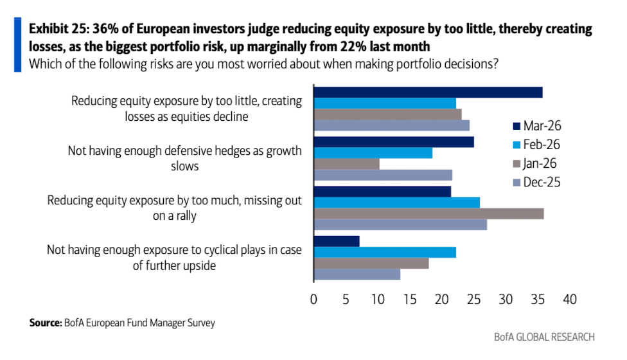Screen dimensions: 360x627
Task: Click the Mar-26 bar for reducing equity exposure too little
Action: (x=428, y=92)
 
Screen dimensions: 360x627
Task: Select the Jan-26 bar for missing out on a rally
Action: (x=428, y=214)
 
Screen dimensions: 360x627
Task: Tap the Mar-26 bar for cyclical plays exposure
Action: (x=337, y=241)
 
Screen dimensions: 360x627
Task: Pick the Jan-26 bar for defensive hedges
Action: (x=346, y=164)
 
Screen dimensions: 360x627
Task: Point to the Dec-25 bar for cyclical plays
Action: (x=357, y=274)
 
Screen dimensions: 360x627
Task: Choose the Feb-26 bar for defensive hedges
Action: (x=373, y=153)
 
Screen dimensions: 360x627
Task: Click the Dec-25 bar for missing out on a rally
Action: (x=400, y=225)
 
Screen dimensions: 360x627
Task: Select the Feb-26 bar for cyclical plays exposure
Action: (x=385, y=252)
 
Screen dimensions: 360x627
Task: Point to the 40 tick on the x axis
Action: (x=569, y=300)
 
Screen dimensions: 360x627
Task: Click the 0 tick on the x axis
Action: (x=313, y=300)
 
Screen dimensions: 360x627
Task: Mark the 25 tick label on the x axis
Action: (x=473, y=300)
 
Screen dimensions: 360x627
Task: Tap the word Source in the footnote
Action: (x=44, y=323)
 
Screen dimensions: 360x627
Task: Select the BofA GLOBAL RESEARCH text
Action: (x=544, y=337)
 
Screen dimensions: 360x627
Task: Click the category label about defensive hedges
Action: (x=185, y=158)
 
